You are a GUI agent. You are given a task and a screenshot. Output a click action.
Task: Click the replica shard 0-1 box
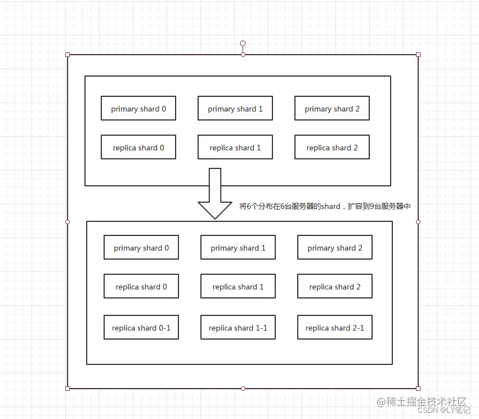(x=141, y=328)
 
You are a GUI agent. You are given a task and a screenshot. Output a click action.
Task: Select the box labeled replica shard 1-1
(x=238, y=328)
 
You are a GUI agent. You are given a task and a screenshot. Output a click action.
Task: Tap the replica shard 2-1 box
(x=334, y=328)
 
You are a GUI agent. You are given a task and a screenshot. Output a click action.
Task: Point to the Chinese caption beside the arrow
(x=325, y=207)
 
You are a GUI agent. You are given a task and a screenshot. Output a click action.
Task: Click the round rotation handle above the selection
(x=243, y=43)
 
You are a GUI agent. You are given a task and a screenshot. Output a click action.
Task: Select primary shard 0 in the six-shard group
(x=138, y=109)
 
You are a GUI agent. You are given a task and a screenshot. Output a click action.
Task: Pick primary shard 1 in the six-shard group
(x=235, y=109)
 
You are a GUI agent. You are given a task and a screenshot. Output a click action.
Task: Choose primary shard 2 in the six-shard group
(x=332, y=109)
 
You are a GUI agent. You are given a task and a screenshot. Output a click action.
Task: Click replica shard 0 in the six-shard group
(x=138, y=148)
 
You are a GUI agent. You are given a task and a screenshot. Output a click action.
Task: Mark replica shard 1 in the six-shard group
(x=235, y=148)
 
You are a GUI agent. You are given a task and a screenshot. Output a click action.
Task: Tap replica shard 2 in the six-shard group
(x=332, y=148)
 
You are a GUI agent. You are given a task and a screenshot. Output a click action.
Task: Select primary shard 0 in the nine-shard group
(x=141, y=248)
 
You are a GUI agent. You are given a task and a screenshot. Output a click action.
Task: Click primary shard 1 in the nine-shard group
(x=238, y=248)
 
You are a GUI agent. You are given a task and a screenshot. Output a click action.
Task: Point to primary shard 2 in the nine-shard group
(x=334, y=248)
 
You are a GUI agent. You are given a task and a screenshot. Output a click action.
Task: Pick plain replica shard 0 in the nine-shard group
(x=141, y=287)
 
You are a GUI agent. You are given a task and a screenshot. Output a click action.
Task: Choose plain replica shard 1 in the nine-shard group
(x=238, y=287)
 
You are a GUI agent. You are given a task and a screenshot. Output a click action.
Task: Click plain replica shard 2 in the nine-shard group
(x=334, y=287)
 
